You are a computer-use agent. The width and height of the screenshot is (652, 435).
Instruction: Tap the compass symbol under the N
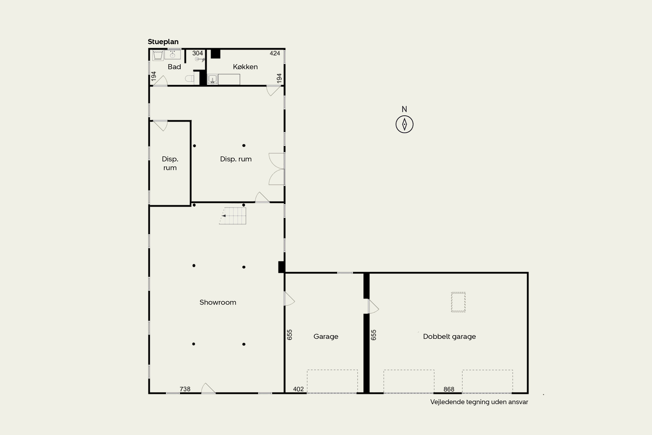coord(404,124)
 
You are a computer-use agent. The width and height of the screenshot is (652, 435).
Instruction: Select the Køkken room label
coord(245,67)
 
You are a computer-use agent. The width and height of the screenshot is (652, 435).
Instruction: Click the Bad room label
coord(174,67)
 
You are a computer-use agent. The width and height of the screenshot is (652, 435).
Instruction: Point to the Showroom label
coord(218,302)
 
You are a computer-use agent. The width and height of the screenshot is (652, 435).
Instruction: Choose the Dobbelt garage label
coord(449,336)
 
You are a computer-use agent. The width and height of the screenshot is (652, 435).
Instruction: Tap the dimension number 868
coord(449,389)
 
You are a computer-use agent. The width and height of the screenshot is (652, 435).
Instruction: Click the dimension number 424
coord(275,53)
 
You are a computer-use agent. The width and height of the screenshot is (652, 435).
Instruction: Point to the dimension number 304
coord(198,53)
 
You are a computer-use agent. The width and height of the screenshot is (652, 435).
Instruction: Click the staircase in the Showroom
coord(233,216)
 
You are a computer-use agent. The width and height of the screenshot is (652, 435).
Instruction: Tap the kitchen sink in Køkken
coord(212,79)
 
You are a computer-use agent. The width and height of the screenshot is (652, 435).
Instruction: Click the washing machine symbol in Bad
coord(158,55)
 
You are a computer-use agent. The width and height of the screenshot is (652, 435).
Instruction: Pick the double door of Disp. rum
coord(277,169)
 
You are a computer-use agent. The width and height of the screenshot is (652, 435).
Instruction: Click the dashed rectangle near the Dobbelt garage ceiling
coord(458,302)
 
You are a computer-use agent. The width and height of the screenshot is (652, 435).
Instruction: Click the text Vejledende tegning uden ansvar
coord(479,402)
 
